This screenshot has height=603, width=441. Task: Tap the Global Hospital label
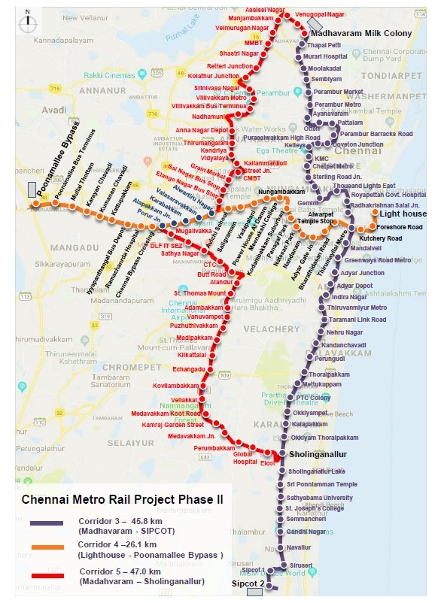click(x=246, y=458)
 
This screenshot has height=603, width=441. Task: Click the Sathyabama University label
click(x=319, y=498)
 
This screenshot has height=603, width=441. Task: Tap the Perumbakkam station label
click(x=215, y=448)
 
